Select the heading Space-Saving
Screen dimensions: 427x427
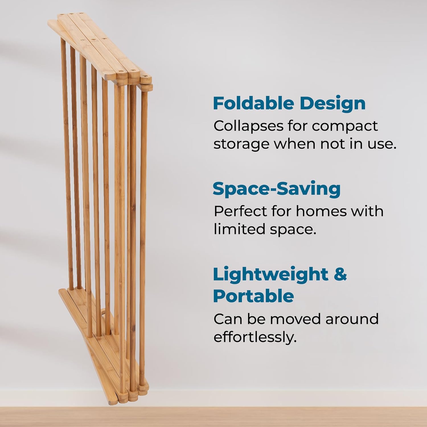click(x=276, y=189)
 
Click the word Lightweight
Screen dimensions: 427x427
click(x=270, y=275)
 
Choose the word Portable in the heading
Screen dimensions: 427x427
click(x=253, y=296)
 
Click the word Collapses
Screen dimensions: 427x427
click(x=248, y=126)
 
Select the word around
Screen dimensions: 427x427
click(x=352, y=319)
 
